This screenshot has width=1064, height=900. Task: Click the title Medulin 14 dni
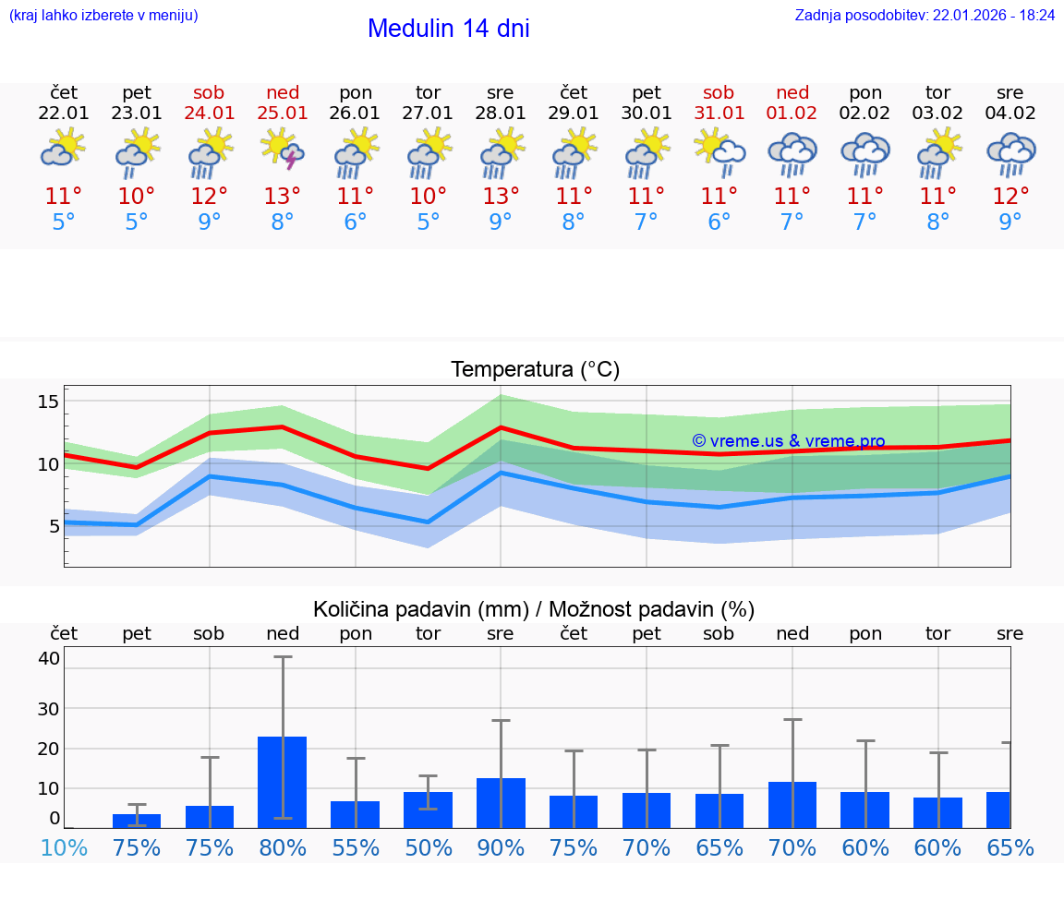(448, 29)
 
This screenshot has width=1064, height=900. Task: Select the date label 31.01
(719, 114)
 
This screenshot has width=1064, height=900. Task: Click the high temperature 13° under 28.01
(501, 197)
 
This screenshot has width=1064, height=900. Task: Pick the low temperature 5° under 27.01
(428, 222)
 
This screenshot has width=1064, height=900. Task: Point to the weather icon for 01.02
(792, 150)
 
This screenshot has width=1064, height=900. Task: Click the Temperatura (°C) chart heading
(535, 370)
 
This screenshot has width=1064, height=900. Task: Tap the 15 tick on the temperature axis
(49, 402)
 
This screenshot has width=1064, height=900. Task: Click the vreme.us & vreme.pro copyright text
(788, 441)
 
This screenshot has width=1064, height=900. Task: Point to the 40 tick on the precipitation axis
(49, 658)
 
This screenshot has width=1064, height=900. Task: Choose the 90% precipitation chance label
(501, 847)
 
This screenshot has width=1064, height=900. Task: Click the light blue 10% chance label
(64, 847)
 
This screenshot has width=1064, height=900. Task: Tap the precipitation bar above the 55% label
(356, 814)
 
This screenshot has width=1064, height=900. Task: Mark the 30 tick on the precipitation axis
(49, 708)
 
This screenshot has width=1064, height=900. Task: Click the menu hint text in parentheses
(103, 16)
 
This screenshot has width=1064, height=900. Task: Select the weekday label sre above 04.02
(1010, 93)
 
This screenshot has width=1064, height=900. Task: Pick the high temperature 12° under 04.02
(1010, 197)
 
